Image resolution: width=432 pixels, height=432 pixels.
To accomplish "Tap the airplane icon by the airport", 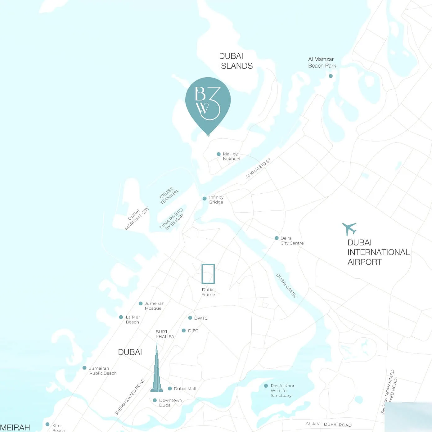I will pos(349,229).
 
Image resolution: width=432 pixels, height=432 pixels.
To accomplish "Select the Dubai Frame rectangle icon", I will pos(208,274).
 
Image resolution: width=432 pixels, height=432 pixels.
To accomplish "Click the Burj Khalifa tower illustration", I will pos(157,369).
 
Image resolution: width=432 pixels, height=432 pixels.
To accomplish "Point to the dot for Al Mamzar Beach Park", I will pos(331,76).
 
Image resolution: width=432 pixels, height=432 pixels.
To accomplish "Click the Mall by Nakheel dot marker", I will pos(218,154).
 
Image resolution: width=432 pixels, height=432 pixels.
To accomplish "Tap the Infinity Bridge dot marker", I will pos(205,199).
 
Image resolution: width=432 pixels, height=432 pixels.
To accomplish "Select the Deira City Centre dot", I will pos(277,238).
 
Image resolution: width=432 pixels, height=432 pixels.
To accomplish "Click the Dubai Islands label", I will pos(236,61).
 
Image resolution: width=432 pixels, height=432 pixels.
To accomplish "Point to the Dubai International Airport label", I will pos(378,252).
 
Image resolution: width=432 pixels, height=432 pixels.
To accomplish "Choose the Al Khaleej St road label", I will pos(258,169).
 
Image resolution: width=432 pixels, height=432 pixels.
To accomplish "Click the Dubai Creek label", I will pos(286,286).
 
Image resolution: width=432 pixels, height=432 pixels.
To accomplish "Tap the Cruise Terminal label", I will pos(169,195).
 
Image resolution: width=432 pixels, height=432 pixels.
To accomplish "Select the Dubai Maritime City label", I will pos(137,218).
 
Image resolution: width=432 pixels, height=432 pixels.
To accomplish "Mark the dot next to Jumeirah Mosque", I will pos(141,304).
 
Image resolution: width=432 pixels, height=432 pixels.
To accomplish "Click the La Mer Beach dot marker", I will pos(121,317).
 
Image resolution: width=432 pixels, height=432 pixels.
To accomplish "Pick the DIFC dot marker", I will pos(184,331).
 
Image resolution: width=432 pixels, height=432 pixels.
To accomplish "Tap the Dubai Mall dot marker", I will pos(170,389).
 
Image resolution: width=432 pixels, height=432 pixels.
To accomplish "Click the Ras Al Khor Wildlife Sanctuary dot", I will pos(266,386).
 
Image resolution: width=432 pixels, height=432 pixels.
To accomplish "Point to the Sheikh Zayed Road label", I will pos(130,397).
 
